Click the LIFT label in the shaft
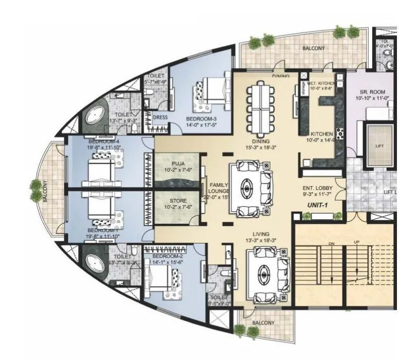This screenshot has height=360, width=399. click(380, 146)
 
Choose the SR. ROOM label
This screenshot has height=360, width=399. click(370, 92)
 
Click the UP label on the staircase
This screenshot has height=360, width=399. click(357, 242)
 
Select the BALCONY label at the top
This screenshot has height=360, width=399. click(314, 48)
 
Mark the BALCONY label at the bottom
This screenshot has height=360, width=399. click(263, 323)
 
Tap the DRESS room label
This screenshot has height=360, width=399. click(160, 117)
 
